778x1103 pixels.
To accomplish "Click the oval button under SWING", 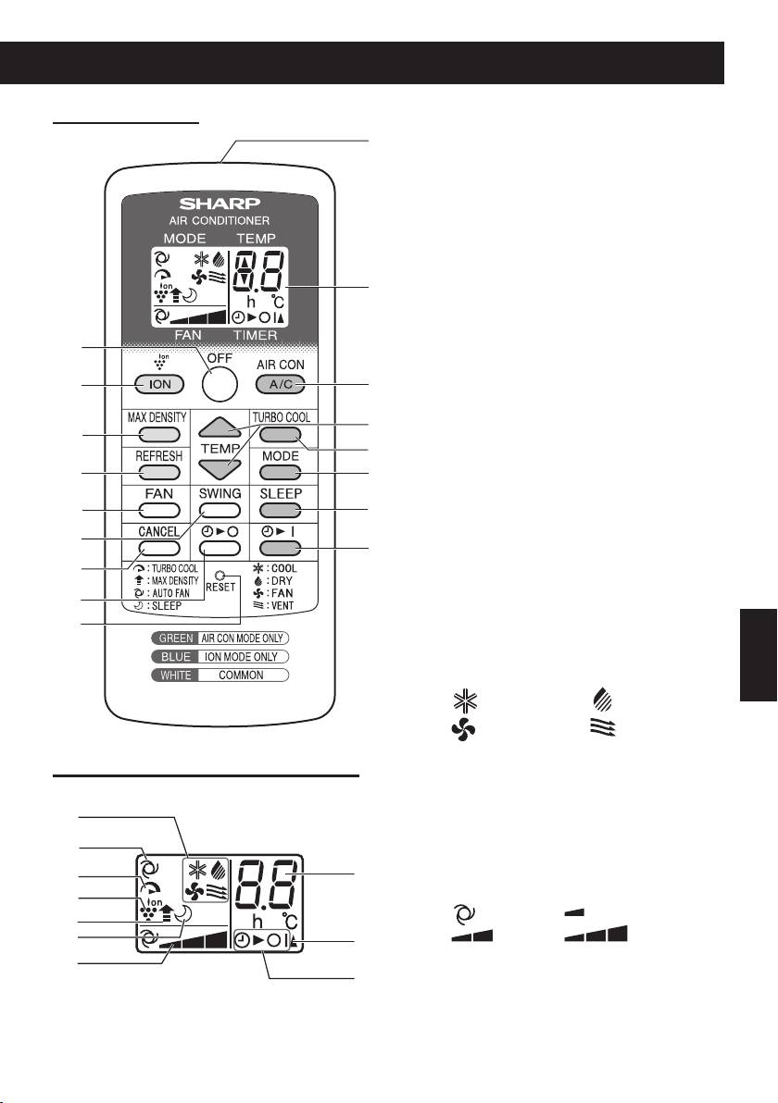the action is tap(220, 510).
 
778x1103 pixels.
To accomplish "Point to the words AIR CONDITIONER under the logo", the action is tap(220, 221).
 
